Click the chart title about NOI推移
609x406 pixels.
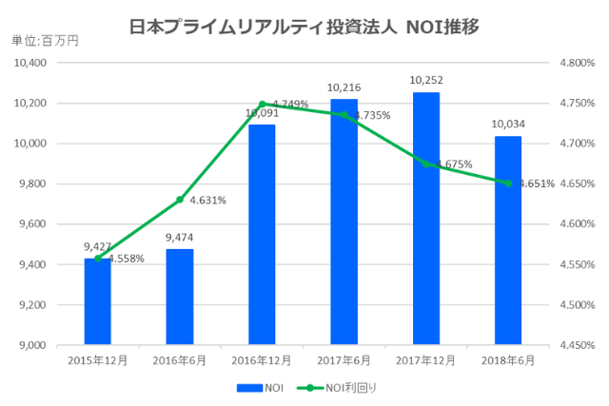304,26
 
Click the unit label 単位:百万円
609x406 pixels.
44,40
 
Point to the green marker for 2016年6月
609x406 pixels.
180,200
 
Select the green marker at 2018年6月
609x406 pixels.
508,184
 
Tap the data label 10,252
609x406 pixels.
425,81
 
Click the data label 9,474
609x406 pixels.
180,238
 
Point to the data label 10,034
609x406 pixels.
508,125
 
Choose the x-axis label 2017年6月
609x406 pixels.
344,361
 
